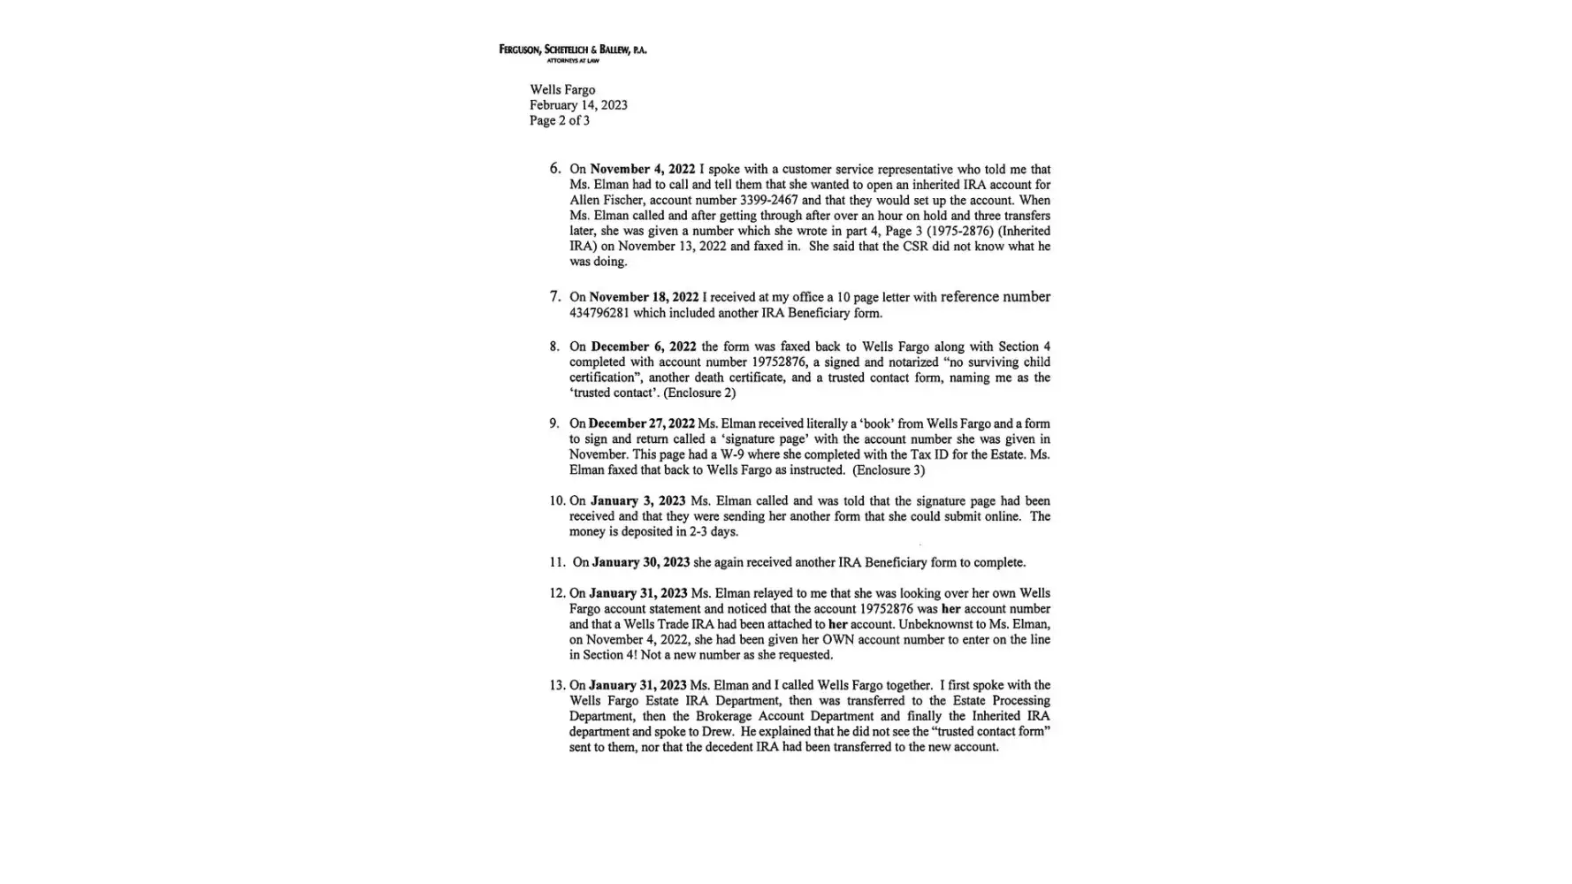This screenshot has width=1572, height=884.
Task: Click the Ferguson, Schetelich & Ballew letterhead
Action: click(x=572, y=51)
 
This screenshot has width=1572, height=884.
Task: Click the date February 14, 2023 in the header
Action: click(x=578, y=105)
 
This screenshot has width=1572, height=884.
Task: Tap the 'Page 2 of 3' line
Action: click(x=560, y=121)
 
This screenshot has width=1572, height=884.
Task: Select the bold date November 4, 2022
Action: click(x=642, y=170)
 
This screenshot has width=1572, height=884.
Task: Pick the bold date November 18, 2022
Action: click(x=644, y=298)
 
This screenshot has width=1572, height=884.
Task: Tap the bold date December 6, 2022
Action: click(x=643, y=347)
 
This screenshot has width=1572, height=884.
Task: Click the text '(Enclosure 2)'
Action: click(x=699, y=393)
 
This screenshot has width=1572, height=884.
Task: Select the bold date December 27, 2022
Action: click(x=641, y=424)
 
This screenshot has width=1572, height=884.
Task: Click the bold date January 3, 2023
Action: click(x=637, y=501)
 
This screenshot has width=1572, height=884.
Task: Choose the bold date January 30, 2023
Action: click(x=640, y=563)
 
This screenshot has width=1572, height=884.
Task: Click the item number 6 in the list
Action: click(x=554, y=169)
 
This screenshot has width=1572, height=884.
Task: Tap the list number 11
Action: click(x=556, y=563)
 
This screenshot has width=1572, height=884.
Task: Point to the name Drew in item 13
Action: click(x=718, y=732)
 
